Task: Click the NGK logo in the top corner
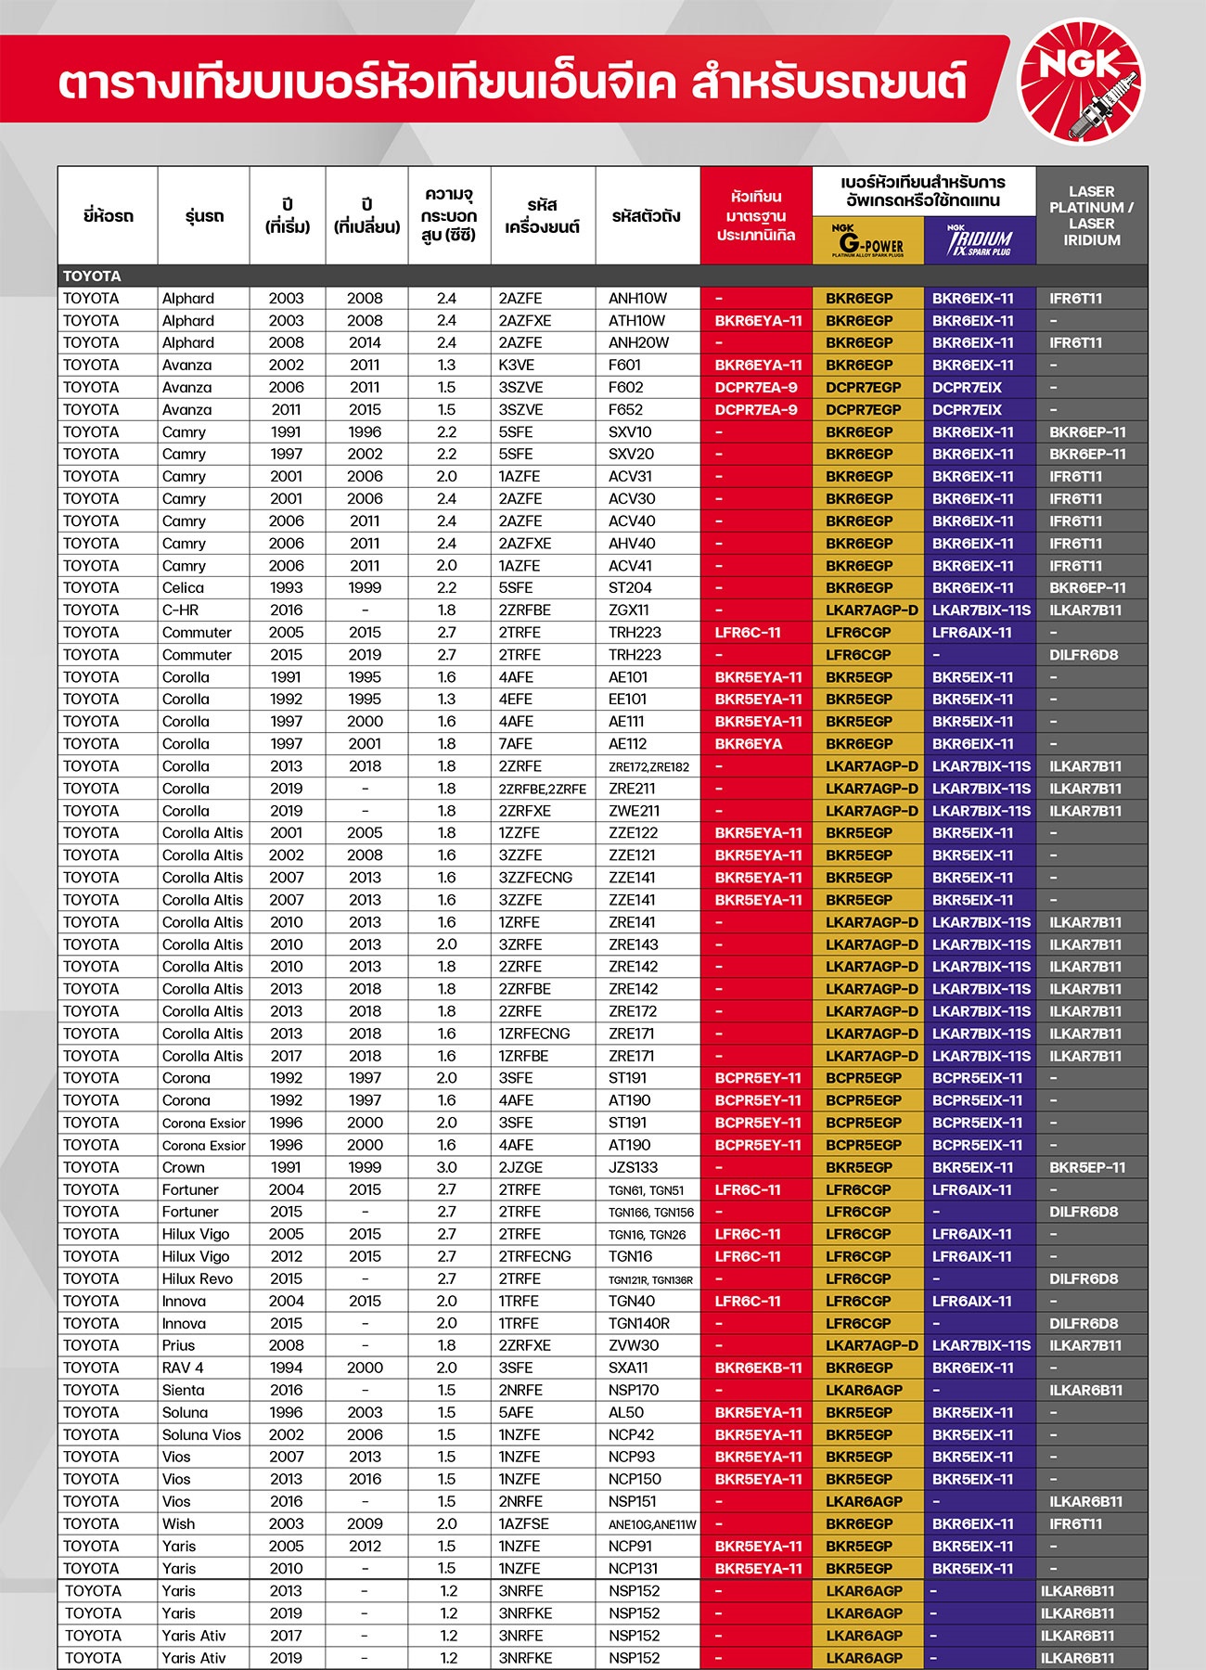1082,84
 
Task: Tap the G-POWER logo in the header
867,241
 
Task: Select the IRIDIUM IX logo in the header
980,241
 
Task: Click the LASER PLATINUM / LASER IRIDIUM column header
1091,215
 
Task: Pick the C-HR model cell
180,610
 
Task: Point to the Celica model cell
183,588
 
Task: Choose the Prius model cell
178,1345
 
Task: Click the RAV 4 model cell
183,1368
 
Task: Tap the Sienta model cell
183,1390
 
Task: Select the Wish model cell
178,1523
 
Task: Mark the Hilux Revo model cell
198,1278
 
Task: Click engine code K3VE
516,366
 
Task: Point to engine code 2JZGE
520,1167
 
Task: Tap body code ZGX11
628,610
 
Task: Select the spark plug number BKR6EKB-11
758,1368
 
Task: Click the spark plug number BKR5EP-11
1087,1167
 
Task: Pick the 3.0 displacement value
446,1167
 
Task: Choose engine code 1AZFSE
523,1523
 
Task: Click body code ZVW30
634,1345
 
